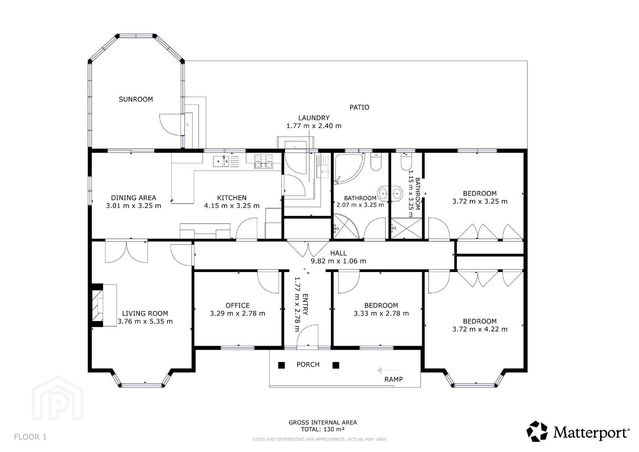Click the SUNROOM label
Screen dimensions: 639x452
tap(136, 99)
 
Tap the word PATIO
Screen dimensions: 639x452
tap(359, 107)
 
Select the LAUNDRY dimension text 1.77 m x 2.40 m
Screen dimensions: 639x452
tap(314, 126)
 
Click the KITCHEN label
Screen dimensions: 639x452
tap(232, 198)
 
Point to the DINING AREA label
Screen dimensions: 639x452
tap(134, 198)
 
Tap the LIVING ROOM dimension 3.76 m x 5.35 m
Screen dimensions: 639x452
tap(145, 321)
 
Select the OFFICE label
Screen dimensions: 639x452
tap(237, 306)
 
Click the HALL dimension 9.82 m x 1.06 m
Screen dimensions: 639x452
tap(338, 261)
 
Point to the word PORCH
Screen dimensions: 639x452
tap(308, 365)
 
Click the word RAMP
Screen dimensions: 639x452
tap(394, 379)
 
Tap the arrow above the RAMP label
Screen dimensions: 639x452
tap(389, 370)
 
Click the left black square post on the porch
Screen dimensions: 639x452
tap(281, 365)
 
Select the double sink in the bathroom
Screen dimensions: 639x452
tap(390, 194)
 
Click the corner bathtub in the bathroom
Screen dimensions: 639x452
tap(349, 169)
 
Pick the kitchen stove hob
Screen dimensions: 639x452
tap(263, 161)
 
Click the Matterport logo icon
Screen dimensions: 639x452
tap(537, 431)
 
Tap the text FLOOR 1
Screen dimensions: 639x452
tap(30, 437)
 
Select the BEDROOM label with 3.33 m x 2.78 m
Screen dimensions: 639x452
tap(381, 306)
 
